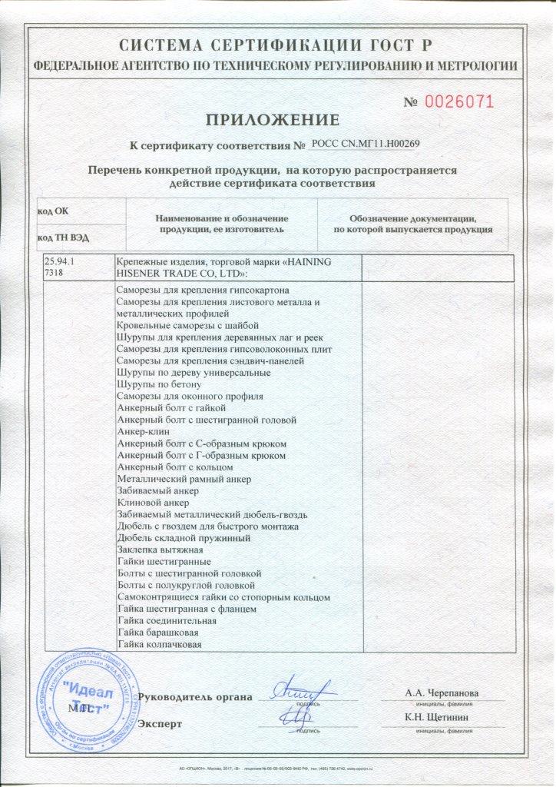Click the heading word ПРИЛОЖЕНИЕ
pos(271,119)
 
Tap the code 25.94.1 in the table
pos(61,262)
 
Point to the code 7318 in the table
pos(55,273)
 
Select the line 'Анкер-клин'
pos(144,432)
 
